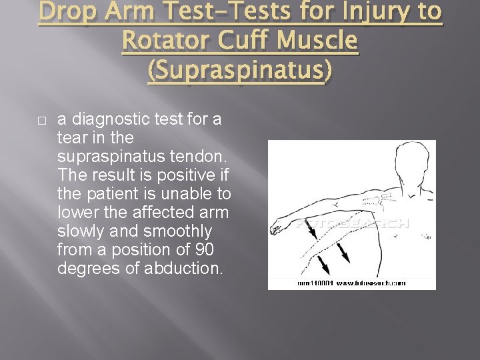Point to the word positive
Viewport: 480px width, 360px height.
click(x=179, y=176)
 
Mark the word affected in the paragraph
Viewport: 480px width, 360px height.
click(x=160, y=213)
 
